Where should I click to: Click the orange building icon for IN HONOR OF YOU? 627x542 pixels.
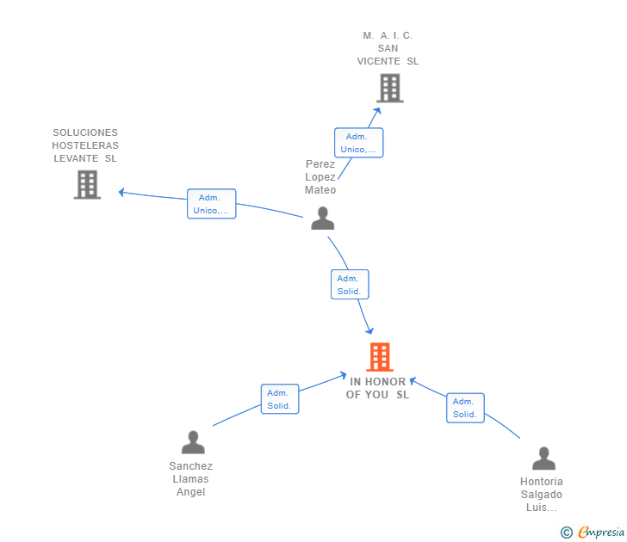380,357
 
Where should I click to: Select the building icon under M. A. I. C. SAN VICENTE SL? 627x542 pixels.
390,88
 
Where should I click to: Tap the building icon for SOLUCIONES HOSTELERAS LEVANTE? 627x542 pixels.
87,184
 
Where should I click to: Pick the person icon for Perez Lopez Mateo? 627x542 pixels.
323,218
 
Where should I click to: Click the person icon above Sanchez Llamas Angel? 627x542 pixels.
193,442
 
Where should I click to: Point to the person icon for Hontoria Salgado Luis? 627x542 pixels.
543,459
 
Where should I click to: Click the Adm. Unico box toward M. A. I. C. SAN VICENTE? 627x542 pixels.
358,143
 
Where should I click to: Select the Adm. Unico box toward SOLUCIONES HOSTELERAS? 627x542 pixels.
212,204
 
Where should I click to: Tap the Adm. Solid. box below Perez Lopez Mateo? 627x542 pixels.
350,285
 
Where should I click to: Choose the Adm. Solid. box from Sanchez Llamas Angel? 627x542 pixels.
280,399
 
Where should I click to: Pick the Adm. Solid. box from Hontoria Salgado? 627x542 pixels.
465,408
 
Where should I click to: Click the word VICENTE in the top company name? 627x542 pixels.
379,61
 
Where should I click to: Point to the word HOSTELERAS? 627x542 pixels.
85,145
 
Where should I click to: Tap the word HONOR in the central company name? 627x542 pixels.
386,382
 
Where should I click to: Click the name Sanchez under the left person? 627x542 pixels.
190,466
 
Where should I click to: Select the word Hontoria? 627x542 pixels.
542,482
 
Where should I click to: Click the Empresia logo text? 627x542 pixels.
601,533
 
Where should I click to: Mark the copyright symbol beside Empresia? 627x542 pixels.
567,533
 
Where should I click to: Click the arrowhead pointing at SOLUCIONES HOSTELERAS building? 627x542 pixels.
121,192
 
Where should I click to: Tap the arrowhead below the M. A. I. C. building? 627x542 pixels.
376,111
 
